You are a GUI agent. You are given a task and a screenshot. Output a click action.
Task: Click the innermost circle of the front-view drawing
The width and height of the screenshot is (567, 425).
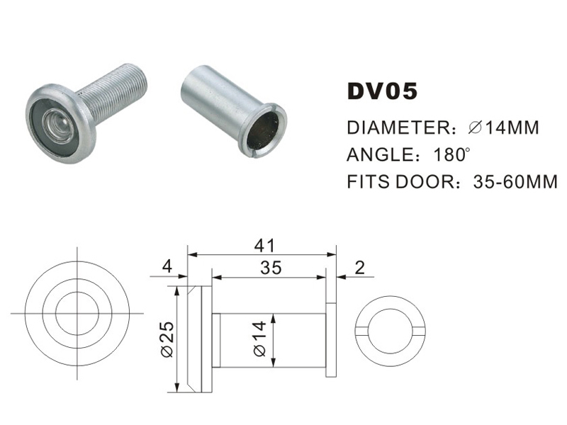click(76, 312)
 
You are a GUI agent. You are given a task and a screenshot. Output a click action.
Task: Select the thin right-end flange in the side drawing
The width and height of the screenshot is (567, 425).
click(331, 339)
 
